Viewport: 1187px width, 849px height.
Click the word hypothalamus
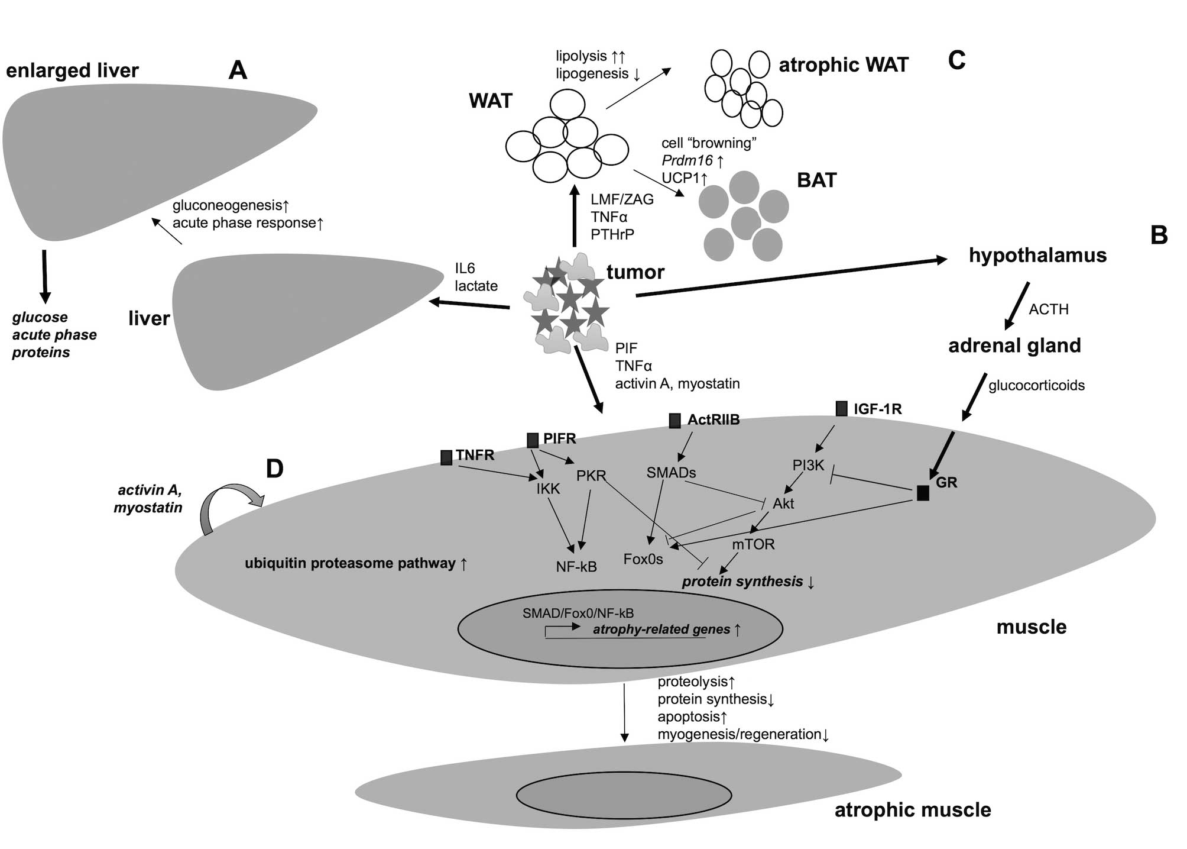tap(1037, 255)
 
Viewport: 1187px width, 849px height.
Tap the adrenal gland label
tap(1014, 346)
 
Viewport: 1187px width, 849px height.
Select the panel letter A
tap(238, 70)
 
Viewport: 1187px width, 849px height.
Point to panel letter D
tap(275, 469)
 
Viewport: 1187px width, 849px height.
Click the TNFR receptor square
tap(446, 457)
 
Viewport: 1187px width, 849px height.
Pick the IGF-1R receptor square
tap(842, 408)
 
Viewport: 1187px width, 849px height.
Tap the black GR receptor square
tap(923, 493)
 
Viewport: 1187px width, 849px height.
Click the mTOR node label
tap(753, 544)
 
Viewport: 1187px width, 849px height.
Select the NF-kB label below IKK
tap(576, 567)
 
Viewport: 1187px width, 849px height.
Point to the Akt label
tap(783, 503)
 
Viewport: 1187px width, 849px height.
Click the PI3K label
tap(808, 466)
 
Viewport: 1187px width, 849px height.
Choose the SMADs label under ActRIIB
tap(671, 473)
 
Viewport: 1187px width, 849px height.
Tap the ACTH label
tap(1049, 309)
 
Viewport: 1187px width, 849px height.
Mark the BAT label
tap(816, 180)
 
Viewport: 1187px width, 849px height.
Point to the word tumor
tap(635, 272)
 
